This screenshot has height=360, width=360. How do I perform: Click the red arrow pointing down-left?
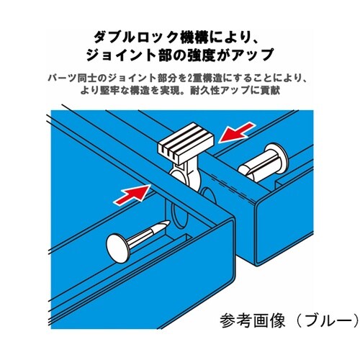click(236, 132)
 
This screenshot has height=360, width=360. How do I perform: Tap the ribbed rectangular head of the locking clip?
click(185, 141)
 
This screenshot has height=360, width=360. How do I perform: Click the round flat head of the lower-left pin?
click(118, 247)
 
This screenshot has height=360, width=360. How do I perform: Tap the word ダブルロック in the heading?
click(135, 37)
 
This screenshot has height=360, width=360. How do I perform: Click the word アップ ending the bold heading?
click(253, 55)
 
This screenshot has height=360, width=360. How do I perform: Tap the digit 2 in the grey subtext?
click(190, 78)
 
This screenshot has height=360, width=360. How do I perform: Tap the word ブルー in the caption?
click(328, 320)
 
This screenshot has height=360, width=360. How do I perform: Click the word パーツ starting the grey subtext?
click(62, 78)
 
